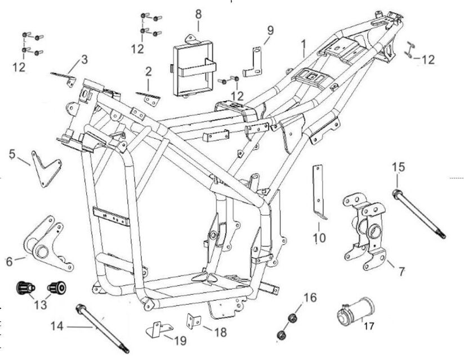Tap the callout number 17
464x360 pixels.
coord(369,325)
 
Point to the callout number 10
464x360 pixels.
coord(319,238)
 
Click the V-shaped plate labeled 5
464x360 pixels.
coord(44,168)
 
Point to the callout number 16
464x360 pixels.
coord(311,298)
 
